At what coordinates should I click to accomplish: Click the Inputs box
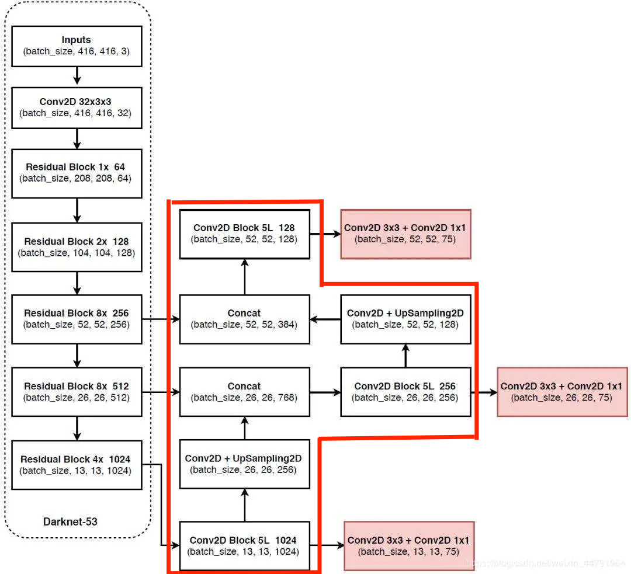coord(77,46)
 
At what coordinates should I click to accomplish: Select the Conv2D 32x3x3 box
coord(77,107)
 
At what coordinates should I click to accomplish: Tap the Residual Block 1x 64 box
coord(77,172)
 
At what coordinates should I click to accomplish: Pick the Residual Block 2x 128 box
coord(77,246)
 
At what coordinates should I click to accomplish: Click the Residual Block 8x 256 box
coord(77,319)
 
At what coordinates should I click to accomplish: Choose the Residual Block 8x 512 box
coord(77,391)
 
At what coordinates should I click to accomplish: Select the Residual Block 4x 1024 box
coord(77,464)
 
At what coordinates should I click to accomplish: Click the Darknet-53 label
coord(70,521)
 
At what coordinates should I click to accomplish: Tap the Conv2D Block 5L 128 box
coord(244,234)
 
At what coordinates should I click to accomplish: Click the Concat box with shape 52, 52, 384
coord(244,319)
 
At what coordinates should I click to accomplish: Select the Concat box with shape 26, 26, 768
coord(244,391)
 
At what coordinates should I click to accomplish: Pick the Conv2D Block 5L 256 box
coord(405,391)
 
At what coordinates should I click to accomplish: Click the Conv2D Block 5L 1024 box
coord(244,545)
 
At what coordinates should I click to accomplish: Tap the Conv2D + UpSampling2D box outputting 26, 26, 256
coord(244,464)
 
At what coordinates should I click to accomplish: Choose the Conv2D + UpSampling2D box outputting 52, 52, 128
coord(405,319)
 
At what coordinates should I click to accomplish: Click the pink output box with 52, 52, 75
coord(405,234)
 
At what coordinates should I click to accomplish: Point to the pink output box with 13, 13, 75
coord(408,545)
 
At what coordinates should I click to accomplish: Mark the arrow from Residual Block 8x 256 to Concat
coord(161,319)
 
